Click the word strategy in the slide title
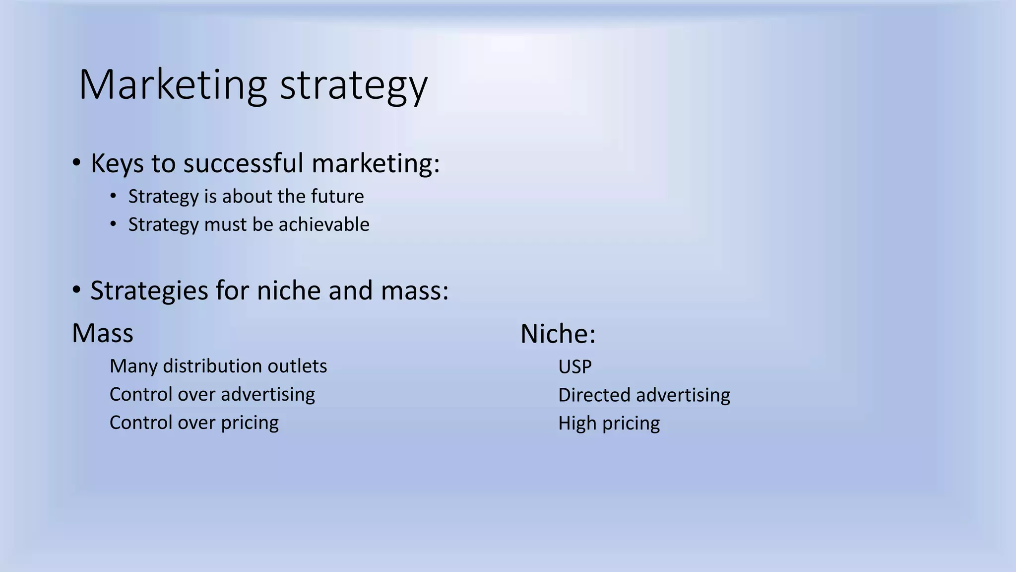[353, 85]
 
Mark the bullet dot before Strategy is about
[114, 196]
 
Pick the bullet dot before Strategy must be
[114, 224]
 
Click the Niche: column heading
[558, 334]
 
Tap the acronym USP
[575, 367]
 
